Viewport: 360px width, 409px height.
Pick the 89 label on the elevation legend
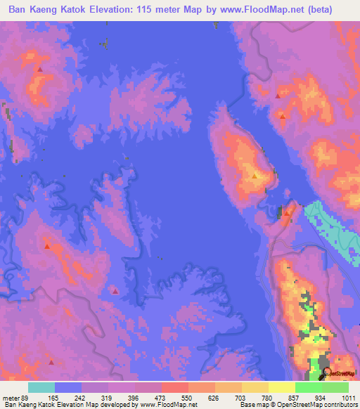[x=27, y=398]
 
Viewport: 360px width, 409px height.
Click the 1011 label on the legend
[x=349, y=398]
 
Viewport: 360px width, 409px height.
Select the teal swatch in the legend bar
[x=41, y=387]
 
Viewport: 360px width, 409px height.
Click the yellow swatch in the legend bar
[x=282, y=387]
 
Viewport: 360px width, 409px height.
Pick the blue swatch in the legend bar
[x=68, y=387]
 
